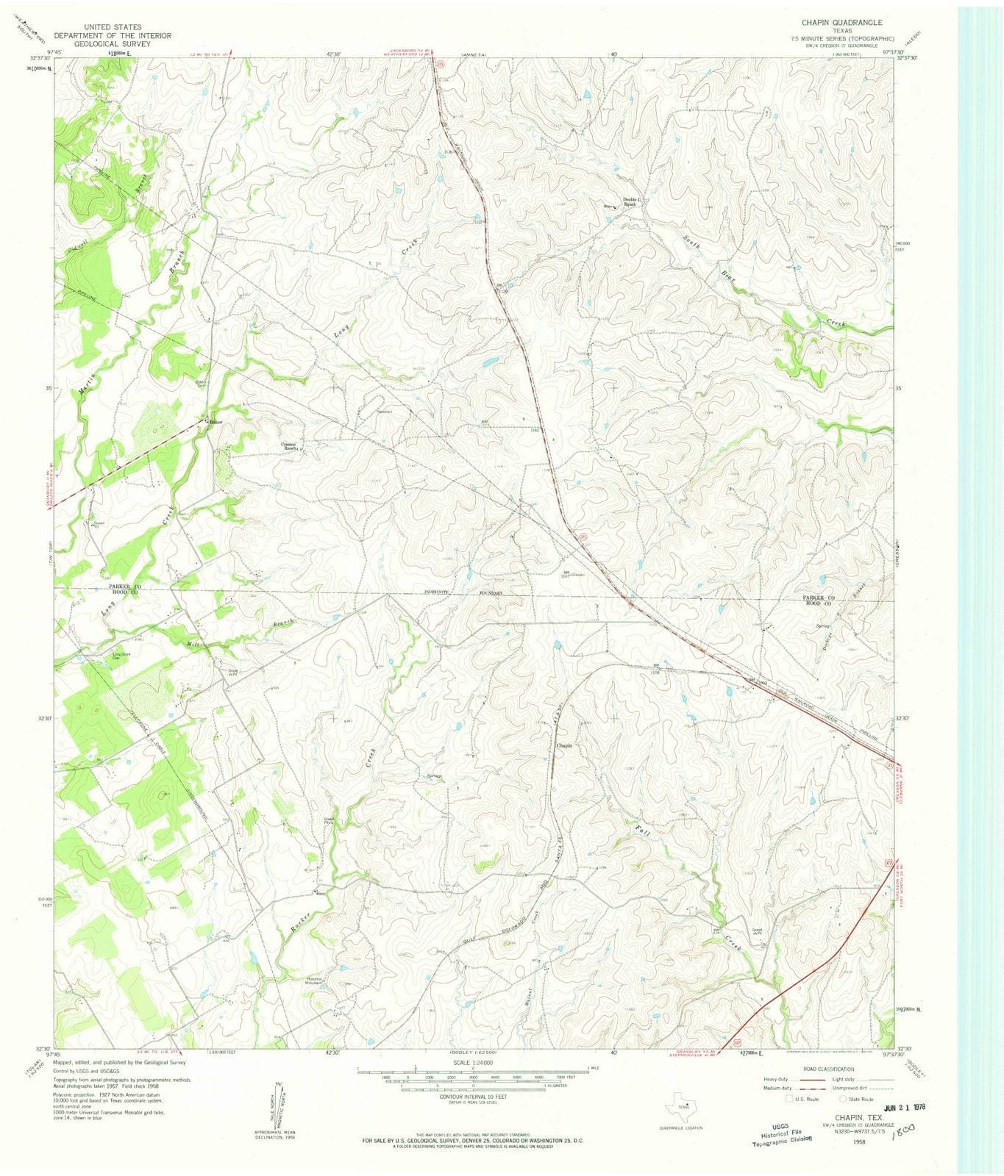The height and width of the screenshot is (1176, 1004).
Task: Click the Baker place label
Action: (216, 423)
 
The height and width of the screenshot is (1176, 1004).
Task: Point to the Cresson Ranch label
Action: (293, 445)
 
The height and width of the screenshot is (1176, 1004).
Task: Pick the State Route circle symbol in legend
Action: (844, 1099)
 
